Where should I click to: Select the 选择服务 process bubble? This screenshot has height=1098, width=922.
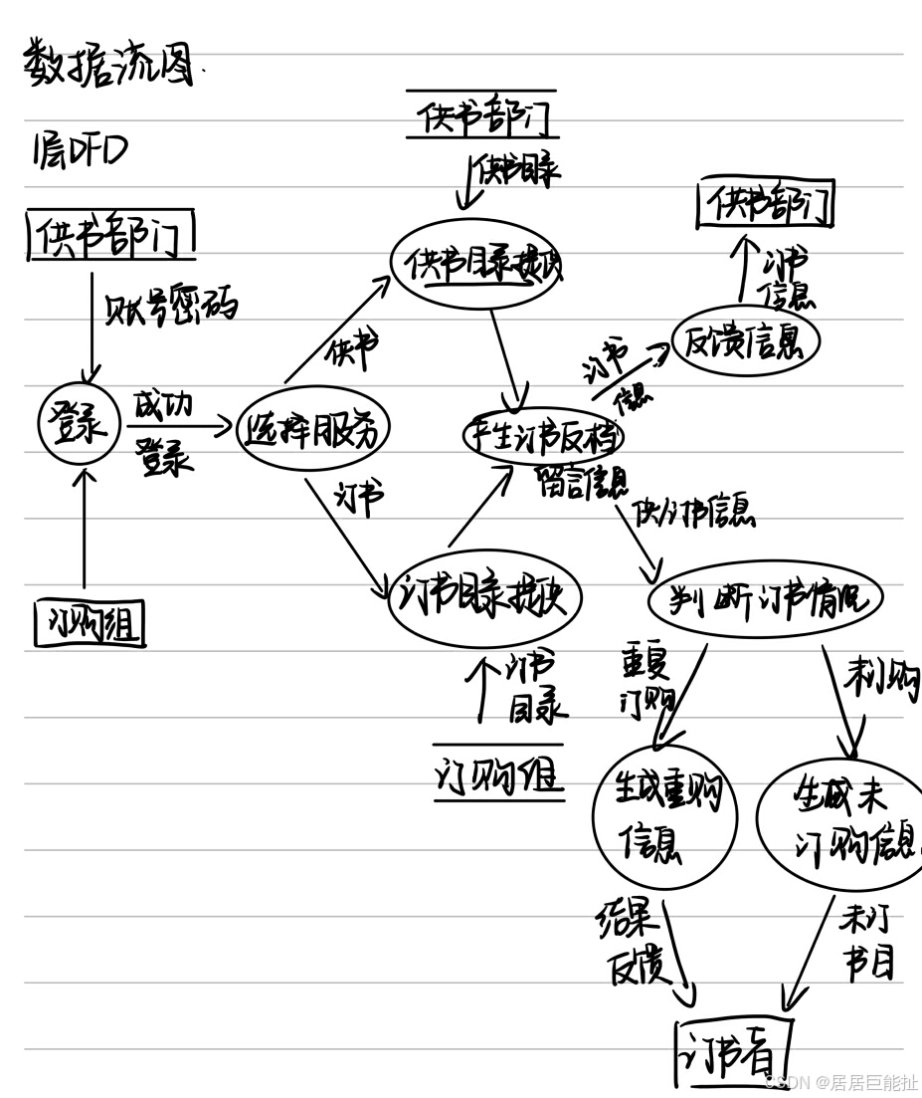(313, 429)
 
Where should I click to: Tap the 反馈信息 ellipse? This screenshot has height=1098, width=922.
(746, 340)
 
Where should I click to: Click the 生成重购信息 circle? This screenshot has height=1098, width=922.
(663, 814)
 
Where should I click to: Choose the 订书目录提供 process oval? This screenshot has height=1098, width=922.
(483, 598)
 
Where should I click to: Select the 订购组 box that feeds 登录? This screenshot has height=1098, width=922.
(90, 624)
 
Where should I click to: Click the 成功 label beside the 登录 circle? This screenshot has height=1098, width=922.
(162, 406)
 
